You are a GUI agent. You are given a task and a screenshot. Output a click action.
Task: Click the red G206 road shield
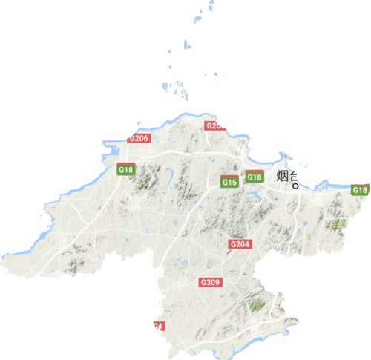(139, 137)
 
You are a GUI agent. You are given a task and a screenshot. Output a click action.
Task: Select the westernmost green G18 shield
(126, 170)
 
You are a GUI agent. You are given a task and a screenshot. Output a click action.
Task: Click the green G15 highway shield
(229, 182)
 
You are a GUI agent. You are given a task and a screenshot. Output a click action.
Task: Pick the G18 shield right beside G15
(254, 177)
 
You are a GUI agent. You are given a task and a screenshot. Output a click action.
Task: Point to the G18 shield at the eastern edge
(361, 190)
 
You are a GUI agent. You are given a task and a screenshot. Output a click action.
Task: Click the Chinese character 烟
(283, 177)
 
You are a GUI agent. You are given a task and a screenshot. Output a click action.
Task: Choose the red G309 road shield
(210, 283)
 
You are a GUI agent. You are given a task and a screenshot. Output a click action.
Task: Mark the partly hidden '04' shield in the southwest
(157, 325)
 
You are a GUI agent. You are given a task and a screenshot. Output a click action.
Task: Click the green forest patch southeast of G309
(257, 304)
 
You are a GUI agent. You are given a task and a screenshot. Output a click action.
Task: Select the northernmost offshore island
(211, 4)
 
